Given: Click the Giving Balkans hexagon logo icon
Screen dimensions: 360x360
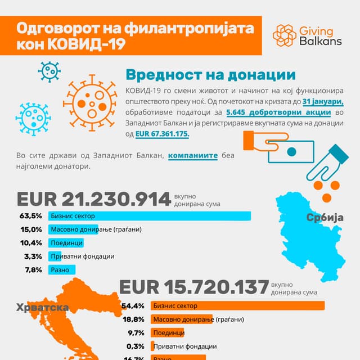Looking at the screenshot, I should pyautogui.click(x=285, y=35).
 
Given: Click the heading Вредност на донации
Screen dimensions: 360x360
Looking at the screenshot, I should pyautogui.click(x=210, y=75).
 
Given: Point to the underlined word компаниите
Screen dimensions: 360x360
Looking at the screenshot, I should pyautogui.click(x=192, y=155).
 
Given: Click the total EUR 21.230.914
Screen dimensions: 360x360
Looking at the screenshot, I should pyautogui.click(x=94, y=199).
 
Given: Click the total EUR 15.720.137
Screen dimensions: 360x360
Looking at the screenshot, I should pyautogui.click(x=194, y=287).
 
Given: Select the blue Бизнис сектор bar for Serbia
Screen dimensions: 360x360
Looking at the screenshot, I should pyautogui.click(x=149, y=216).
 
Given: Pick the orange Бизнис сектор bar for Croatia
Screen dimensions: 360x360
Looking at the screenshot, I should pyautogui.click(x=223, y=305).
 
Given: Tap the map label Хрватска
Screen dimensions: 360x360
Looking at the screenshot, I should pyautogui.click(x=43, y=307).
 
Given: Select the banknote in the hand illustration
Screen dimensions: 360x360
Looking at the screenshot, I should pyautogui.click(x=291, y=151).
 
